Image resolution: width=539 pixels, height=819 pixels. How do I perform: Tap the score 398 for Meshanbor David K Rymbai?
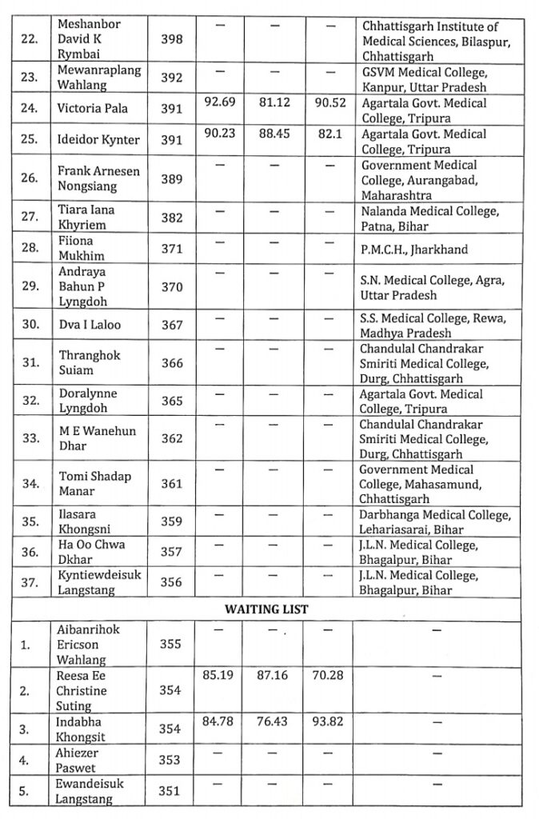click(171, 39)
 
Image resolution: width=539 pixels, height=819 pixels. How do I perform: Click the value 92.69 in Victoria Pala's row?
click(219, 103)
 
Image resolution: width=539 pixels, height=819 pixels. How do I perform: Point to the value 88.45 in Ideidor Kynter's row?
click(273, 134)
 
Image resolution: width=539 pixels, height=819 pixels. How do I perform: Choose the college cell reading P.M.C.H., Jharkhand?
click(414, 250)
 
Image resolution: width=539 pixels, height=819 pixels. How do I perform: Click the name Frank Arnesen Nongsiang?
click(93, 178)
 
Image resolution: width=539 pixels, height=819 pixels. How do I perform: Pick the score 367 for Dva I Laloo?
click(171, 326)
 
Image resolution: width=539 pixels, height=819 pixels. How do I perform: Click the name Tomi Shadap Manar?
click(94, 483)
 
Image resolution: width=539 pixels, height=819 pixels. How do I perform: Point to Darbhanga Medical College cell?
click(433, 521)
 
